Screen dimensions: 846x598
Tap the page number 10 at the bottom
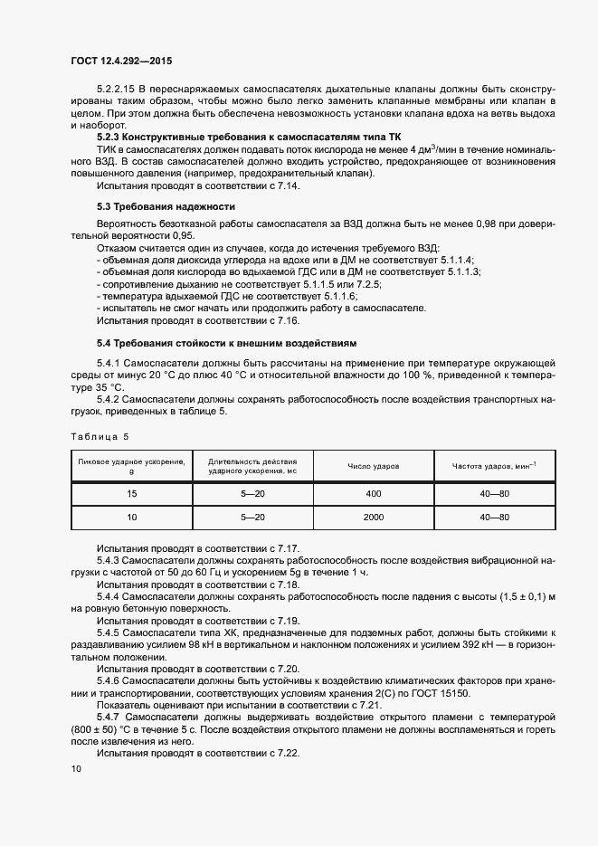(75, 768)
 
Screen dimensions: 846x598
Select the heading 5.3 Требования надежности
(166, 207)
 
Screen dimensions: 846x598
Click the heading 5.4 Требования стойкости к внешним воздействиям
(227, 343)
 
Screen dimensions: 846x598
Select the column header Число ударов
(374, 466)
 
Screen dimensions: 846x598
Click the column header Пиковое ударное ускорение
(131, 466)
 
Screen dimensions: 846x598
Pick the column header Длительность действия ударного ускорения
(252, 466)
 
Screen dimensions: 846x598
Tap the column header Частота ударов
(494, 466)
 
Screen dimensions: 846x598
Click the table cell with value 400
(374, 494)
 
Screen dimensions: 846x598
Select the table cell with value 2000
(374, 517)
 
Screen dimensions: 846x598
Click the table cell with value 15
(131, 494)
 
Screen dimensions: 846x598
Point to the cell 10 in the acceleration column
(131, 517)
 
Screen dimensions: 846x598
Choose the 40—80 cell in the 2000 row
(494, 517)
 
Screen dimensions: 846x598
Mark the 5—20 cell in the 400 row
(252, 494)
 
